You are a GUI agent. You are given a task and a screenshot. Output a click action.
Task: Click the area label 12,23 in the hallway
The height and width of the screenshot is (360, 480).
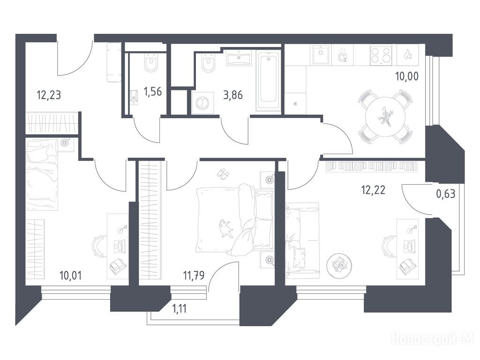(49, 95)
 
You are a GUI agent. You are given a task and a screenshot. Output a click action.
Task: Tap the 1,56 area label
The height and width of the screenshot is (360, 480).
(152, 91)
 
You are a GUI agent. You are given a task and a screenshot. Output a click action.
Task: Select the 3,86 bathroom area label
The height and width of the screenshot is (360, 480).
(233, 95)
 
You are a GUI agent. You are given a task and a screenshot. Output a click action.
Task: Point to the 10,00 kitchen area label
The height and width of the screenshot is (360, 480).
(407, 76)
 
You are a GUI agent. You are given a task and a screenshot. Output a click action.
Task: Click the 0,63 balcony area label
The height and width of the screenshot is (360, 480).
(445, 194)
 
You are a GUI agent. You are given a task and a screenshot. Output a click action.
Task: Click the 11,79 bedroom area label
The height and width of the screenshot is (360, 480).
(194, 276)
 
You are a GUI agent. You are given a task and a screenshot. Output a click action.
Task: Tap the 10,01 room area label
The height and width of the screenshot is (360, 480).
(70, 276)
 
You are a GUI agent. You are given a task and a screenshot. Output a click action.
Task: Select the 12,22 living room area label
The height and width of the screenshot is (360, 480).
(373, 190)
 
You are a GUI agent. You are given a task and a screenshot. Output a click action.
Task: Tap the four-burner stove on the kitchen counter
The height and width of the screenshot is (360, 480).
(381, 55)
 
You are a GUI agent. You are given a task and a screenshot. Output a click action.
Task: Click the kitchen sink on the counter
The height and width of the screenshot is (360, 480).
(321, 55)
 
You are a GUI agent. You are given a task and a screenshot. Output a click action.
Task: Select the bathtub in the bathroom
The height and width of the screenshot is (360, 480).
(269, 81)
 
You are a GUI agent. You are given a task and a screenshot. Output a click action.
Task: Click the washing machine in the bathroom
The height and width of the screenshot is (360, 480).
(202, 103)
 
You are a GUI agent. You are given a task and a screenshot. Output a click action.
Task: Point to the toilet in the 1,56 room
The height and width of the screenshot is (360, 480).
(151, 63)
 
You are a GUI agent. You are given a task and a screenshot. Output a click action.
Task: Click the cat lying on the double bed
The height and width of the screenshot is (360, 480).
(225, 228)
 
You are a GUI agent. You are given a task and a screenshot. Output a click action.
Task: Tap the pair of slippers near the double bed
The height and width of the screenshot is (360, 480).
(223, 173)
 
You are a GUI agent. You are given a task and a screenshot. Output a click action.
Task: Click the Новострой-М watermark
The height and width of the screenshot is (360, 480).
(435, 339)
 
